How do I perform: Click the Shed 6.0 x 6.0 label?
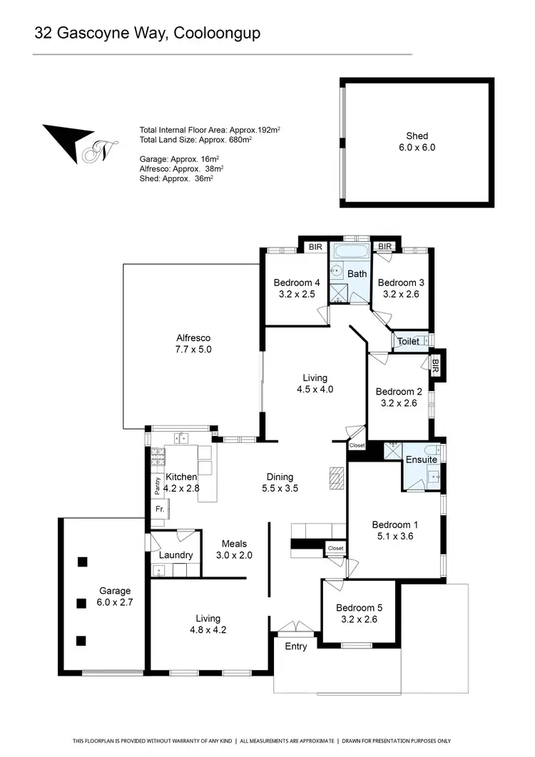tap(417, 142)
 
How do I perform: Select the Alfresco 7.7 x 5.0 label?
tap(193, 344)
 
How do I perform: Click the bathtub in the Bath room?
tap(350, 253)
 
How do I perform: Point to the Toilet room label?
tap(408, 342)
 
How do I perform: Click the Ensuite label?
tap(422, 459)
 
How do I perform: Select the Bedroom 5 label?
tap(360, 607)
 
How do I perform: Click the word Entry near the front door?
tap(295, 646)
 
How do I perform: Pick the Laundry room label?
tap(175, 555)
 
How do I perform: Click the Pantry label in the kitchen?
tap(158, 486)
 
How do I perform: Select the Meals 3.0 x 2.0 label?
tap(234, 549)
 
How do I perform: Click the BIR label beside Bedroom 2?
tap(435, 365)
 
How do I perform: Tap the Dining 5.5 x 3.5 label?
tap(280, 483)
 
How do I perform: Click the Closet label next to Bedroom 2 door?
tap(357, 445)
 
